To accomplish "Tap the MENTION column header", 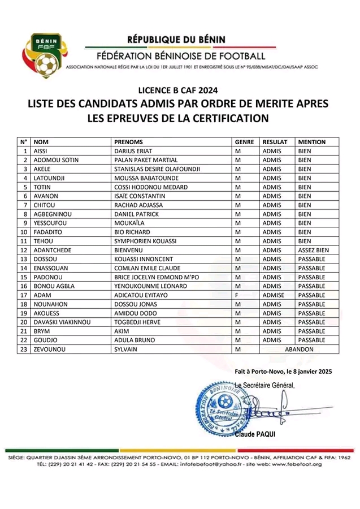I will (312, 142).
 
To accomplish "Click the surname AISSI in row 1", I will (41, 151).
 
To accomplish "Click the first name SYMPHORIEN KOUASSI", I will (146, 241).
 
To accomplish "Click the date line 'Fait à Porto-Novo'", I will (282, 372).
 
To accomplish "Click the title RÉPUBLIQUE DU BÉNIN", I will (177, 39).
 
